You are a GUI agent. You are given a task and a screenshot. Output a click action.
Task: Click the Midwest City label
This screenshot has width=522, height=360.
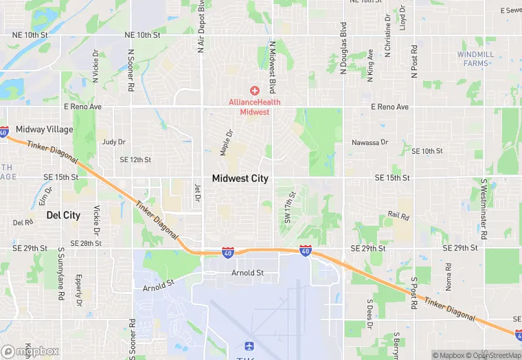(x=240, y=179)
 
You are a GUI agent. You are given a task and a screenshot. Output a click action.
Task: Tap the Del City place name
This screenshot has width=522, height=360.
(x=63, y=215)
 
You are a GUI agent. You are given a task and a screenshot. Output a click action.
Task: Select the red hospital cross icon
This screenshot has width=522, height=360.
(x=254, y=91)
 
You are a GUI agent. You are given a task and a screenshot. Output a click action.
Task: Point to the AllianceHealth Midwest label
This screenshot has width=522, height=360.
(x=254, y=107)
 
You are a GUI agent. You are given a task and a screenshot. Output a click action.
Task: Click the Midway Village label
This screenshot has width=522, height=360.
(x=40, y=129)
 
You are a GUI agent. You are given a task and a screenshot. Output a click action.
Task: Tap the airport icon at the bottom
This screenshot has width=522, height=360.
(x=249, y=347)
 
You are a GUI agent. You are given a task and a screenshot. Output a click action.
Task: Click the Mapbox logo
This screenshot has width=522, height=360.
(x=30, y=352)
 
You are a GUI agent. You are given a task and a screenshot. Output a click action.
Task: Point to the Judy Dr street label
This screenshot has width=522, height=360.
(x=113, y=142)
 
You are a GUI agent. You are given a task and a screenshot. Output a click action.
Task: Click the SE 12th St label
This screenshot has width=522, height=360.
(x=135, y=159)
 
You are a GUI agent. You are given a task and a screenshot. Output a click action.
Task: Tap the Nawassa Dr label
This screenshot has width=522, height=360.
(x=370, y=142)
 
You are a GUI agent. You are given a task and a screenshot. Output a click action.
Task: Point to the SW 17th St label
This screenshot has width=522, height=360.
(x=288, y=209)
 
